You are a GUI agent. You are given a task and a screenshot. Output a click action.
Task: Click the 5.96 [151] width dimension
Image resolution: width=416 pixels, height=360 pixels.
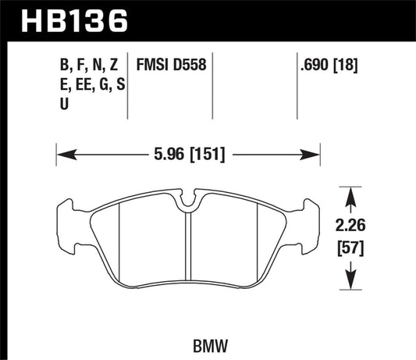[189, 154]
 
